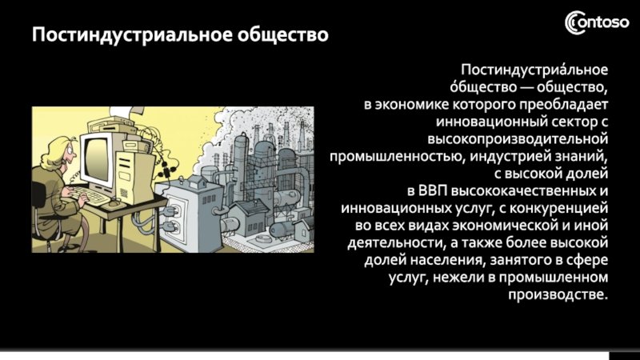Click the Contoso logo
click(x=597, y=22)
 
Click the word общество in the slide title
click(x=283, y=34)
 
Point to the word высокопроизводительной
click(x=518, y=139)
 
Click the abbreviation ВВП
click(x=433, y=191)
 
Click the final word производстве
click(x=558, y=294)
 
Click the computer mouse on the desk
click(x=115, y=201)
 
